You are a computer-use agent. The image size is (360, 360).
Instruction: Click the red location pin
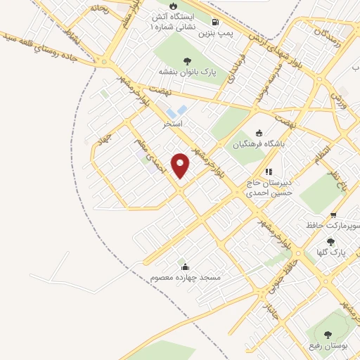pyautogui.click(x=181, y=165)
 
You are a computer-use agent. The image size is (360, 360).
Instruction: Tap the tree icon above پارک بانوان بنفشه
pyautogui.click(x=187, y=60)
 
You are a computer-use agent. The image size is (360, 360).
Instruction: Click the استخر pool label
pyautogui.click(x=173, y=124)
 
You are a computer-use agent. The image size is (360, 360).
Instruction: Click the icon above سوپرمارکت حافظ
pyautogui.click(x=333, y=214)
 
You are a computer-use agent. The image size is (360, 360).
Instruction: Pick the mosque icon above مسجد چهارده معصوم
pyautogui.click(x=185, y=266)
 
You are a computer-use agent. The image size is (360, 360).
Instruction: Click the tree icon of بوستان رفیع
pyautogui.click(x=328, y=333)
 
